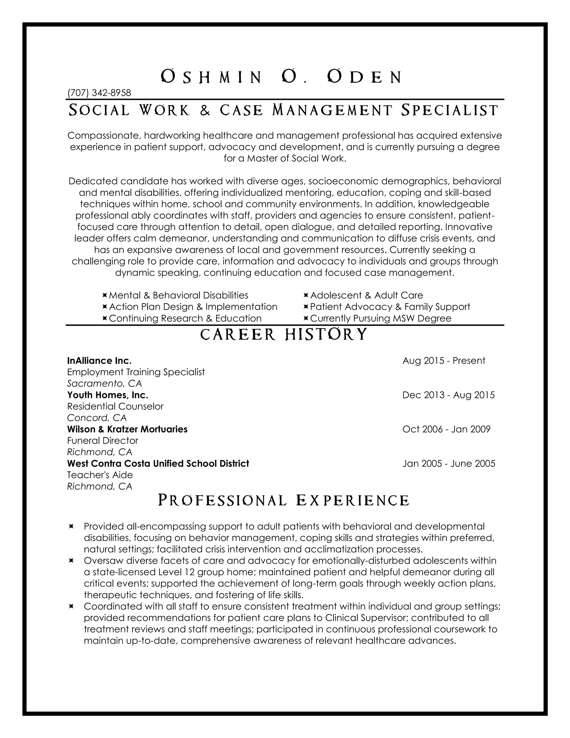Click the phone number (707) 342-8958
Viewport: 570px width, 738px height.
tap(99, 92)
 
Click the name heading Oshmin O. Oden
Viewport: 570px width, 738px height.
tap(281, 77)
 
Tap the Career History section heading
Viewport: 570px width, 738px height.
tap(284, 334)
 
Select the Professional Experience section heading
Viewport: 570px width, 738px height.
tap(284, 500)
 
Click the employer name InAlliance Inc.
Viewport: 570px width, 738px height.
tap(99, 361)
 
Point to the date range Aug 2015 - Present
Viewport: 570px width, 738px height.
tap(444, 361)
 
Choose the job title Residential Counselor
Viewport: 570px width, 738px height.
tap(115, 406)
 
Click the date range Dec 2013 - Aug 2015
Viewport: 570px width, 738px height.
tap(448, 395)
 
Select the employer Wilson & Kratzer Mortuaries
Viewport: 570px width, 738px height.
tap(127, 429)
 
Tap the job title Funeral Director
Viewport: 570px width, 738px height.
tap(103, 441)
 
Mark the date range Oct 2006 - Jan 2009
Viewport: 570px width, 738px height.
tap(446, 429)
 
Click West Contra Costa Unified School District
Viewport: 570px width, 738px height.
tap(158, 463)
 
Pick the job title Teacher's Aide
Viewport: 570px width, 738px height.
tap(100, 475)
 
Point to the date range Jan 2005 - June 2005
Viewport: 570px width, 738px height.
tap(449, 463)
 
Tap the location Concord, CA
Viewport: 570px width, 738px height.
tap(97, 418)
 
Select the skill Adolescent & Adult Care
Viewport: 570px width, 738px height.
tap(366, 295)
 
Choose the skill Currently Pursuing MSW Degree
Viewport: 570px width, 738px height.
tap(380, 318)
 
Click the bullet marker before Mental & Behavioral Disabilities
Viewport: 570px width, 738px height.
tap(105, 295)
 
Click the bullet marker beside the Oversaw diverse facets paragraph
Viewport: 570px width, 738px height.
tap(71, 561)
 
